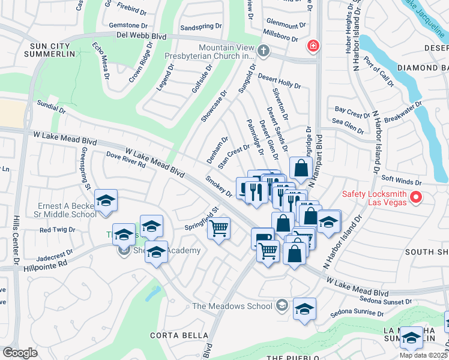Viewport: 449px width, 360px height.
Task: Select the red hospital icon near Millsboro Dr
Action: (313, 46)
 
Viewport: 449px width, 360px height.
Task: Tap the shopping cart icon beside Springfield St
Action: (219, 228)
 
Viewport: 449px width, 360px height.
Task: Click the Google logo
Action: (20, 353)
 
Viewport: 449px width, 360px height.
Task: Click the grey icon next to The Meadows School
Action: (281, 307)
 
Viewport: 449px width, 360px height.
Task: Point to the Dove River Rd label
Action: (125, 160)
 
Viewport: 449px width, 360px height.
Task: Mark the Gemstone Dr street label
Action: (128, 25)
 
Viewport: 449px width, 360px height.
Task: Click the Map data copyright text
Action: (424, 355)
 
